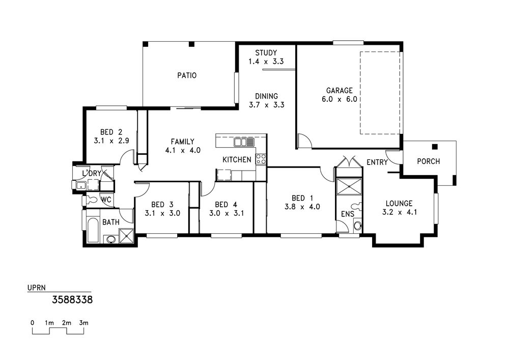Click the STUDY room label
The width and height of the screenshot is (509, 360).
266,52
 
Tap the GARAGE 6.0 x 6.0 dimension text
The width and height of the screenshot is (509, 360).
339,99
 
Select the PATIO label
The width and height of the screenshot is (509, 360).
187,75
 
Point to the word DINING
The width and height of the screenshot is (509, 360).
266,96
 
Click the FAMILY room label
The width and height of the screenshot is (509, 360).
182,142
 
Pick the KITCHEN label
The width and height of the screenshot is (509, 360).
237,160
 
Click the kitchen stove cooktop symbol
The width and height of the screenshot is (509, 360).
261,159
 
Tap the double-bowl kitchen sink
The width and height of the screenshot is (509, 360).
244,142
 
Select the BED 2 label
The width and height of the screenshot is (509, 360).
111,132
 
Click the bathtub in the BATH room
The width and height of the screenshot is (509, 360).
93,230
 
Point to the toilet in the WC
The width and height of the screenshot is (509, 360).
91,199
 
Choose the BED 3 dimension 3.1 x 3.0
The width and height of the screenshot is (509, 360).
162,213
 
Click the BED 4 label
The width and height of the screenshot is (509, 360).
226,205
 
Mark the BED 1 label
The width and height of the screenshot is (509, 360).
302,198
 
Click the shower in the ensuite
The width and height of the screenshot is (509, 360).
349,186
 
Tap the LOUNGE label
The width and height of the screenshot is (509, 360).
399,204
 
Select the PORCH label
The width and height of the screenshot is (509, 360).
428,161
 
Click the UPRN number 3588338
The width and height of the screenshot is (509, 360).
72,299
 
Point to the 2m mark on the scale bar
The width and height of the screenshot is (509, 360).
67,323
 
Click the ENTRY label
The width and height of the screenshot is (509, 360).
377,162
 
